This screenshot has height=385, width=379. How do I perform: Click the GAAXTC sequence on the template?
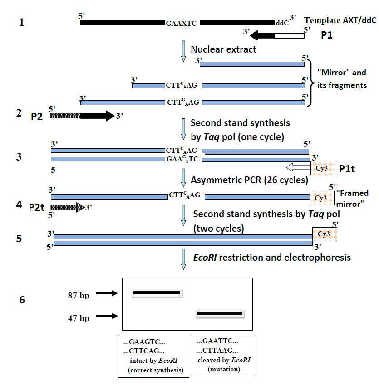tap(181, 23)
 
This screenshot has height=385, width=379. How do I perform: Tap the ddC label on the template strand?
tap(281, 23)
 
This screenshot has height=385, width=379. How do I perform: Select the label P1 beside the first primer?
tap(326, 35)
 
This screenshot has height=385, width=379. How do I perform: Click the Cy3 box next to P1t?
tap(323, 168)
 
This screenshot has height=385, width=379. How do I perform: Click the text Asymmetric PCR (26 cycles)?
tap(249, 180)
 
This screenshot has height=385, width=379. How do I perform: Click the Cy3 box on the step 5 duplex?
tap(324, 234)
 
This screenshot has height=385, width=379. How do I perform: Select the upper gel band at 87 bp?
tap(157, 293)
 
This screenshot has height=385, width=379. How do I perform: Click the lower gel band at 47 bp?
tap(220, 313)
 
